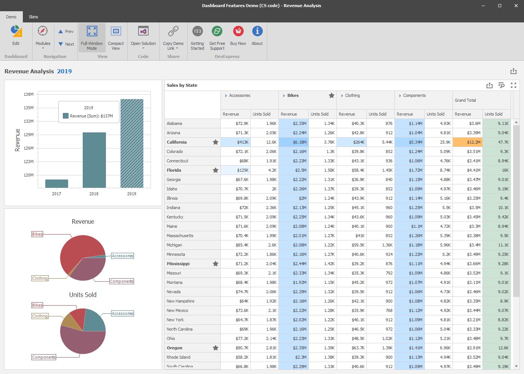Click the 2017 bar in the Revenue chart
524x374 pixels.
57,183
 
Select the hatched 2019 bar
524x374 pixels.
132,143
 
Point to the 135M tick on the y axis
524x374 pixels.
29,108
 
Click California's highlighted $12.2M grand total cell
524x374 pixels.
467,142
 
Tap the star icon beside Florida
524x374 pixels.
216,170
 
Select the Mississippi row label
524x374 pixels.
178,264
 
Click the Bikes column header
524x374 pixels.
293,96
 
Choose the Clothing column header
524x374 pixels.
352,96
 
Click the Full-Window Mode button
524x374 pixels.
92,37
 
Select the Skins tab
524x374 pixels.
33,17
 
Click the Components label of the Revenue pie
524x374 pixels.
122,281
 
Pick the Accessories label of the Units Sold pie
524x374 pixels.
122,313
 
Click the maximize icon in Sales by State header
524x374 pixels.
514,85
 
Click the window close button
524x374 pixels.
517,6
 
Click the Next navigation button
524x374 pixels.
66,44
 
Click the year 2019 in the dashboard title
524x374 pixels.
64,71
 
